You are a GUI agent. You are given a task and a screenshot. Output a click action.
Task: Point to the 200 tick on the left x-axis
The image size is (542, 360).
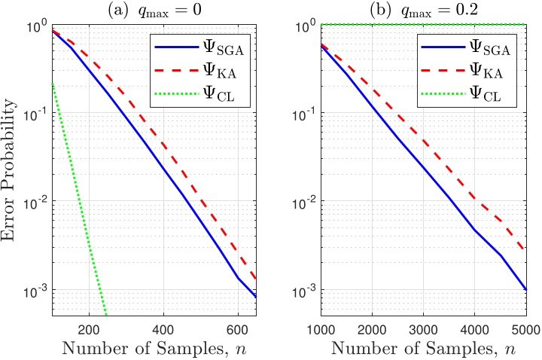90,328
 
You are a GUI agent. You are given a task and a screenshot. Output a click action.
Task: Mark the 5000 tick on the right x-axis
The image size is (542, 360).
525,328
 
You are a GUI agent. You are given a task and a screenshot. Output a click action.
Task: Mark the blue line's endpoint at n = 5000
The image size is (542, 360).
525,290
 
